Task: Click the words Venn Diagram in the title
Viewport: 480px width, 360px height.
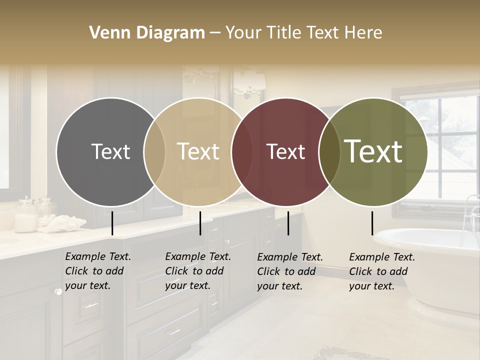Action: point(147,33)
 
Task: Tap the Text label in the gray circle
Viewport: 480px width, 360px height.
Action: point(110,151)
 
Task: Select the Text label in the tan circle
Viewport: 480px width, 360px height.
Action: point(198,151)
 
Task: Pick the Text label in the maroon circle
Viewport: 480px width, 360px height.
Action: point(285,151)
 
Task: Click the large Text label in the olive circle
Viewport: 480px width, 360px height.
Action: point(373,151)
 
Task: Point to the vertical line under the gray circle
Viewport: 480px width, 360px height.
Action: point(112,223)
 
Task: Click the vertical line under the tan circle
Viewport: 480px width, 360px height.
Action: point(200,223)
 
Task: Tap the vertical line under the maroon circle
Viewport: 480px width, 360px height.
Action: point(288,223)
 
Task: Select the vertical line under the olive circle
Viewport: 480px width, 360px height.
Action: point(372,223)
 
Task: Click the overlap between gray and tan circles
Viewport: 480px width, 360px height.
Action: point(154,151)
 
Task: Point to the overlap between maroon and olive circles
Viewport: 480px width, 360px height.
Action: point(329,151)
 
